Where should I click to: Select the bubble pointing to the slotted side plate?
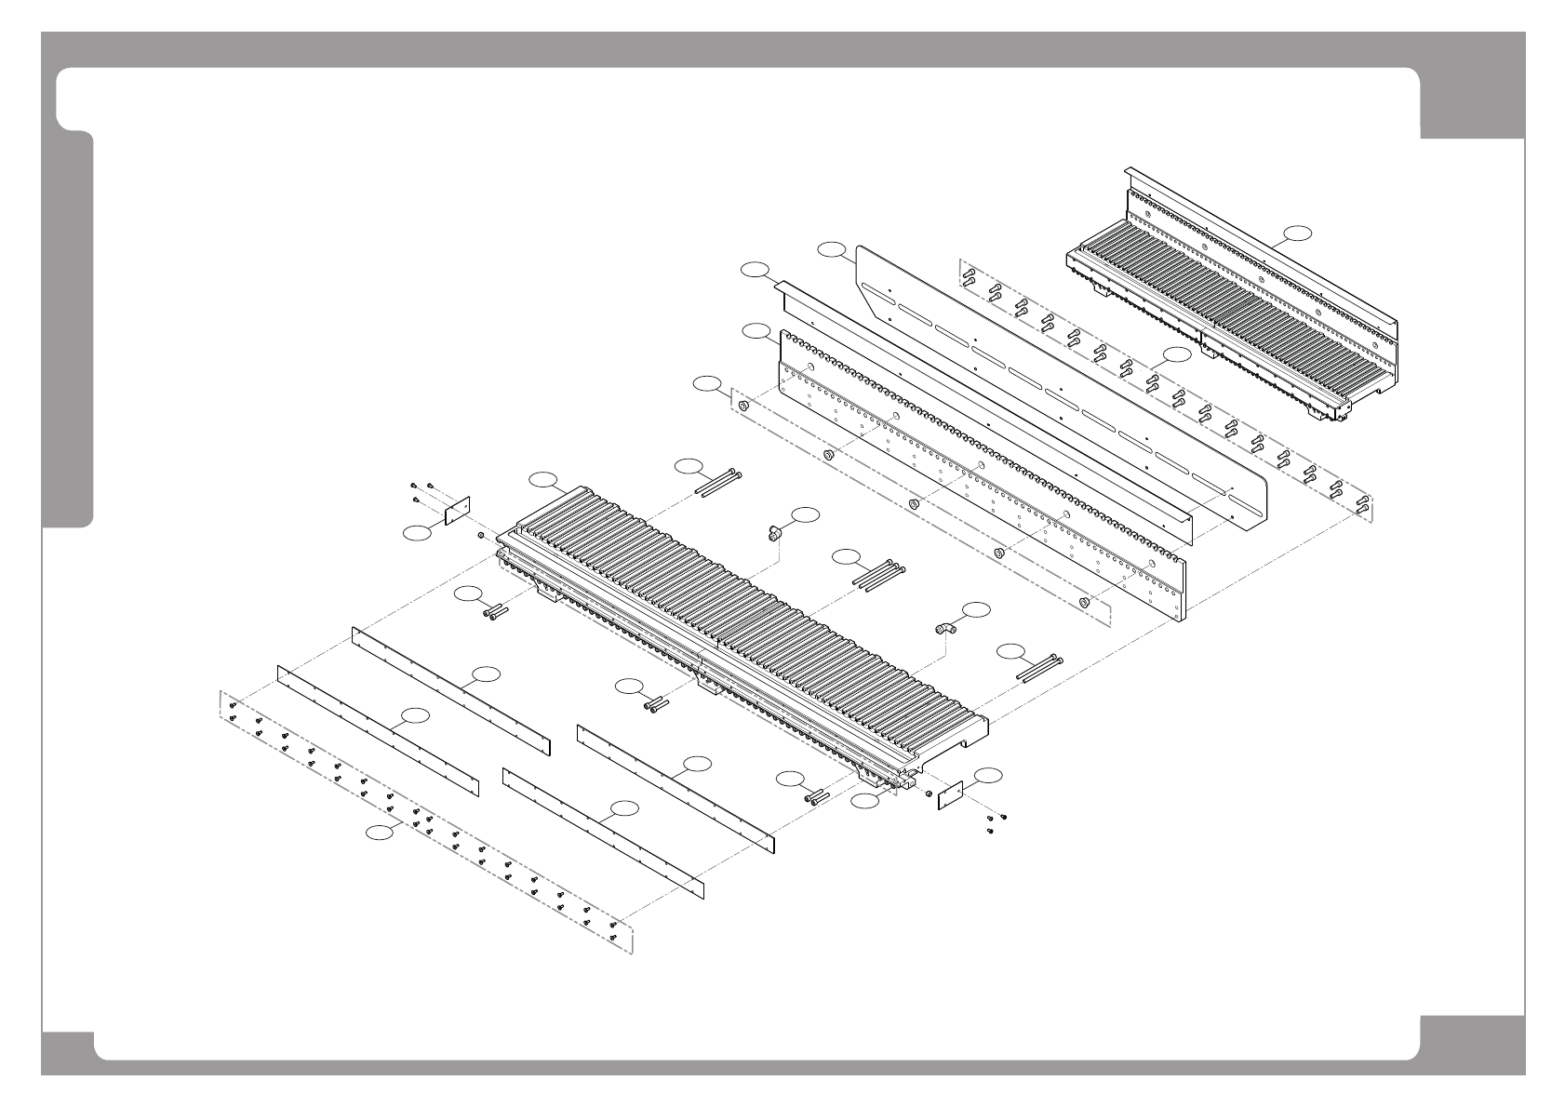click(x=832, y=248)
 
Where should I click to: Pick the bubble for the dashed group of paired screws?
click(x=1177, y=354)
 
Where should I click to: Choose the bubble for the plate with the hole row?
click(x=755, y=331)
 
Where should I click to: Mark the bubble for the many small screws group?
click(x=378, y=833)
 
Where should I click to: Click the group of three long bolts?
click(x=877, y=575)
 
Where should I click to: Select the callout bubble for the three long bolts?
click(x=846, y=557)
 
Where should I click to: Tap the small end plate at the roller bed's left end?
click(x=457, y=511)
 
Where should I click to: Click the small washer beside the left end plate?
click(x=480, y=536)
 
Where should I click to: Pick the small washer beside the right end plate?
click(x=928, y=793)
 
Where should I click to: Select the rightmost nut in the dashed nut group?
click(x=1084, y=603)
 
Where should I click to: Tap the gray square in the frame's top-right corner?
click(x=1472, y=102)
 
